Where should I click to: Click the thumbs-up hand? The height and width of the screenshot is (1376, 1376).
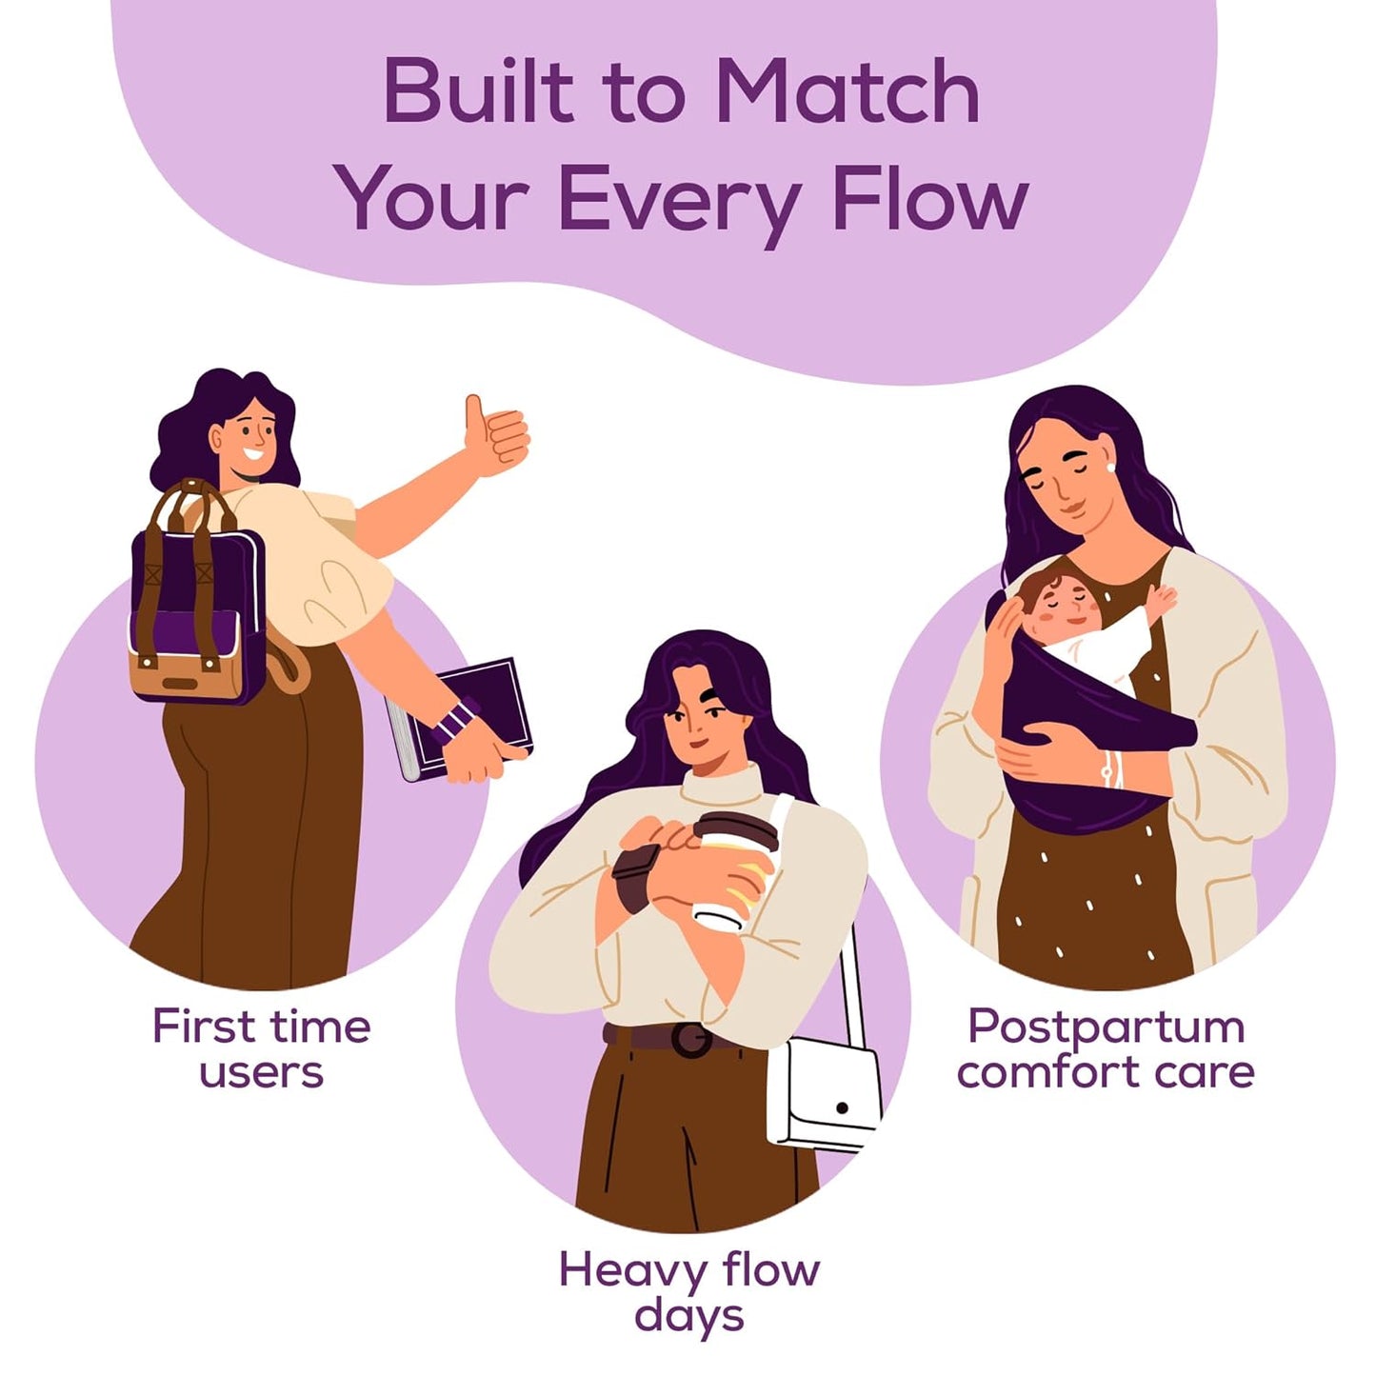click(496, 435)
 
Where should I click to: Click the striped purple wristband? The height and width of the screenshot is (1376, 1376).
click(454, 721)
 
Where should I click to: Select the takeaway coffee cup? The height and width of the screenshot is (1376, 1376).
click(735, 870)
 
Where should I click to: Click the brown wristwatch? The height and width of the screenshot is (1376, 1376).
click(635, 878)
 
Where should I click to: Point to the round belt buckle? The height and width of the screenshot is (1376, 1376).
click(690, 1040)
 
